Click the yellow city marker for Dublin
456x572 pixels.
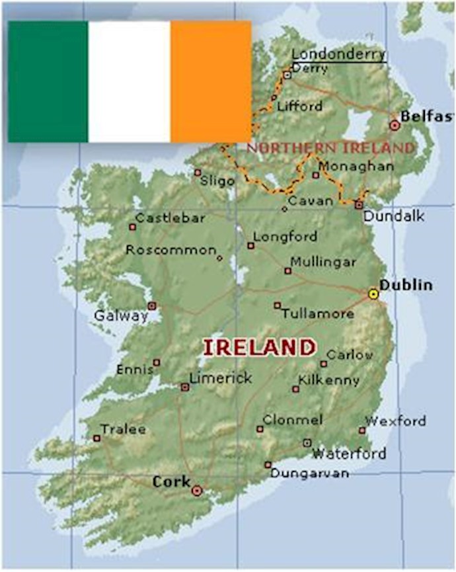point(373,294)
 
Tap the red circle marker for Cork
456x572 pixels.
point(196,491)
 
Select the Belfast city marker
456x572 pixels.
point(395,124)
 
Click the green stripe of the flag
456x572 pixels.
point(48,81)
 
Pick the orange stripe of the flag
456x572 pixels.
point(211,81)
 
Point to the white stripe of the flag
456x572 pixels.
point(129,81)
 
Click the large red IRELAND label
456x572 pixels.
point(258,348)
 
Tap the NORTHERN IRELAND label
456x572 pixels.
point(330,147)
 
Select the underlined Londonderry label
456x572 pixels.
point(338,54)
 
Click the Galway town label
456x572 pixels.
point(120,316)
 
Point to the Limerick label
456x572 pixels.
point(221,378)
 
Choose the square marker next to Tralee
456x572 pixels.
point(96,438)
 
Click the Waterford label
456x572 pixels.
point(349,454)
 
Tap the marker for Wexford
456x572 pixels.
point(362,430)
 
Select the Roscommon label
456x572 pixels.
point(171,250)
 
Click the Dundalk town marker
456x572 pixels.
point(358,205)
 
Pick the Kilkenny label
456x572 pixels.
point(328,380)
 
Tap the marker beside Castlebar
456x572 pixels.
point(132,227)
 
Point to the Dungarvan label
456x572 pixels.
point(309,473)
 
